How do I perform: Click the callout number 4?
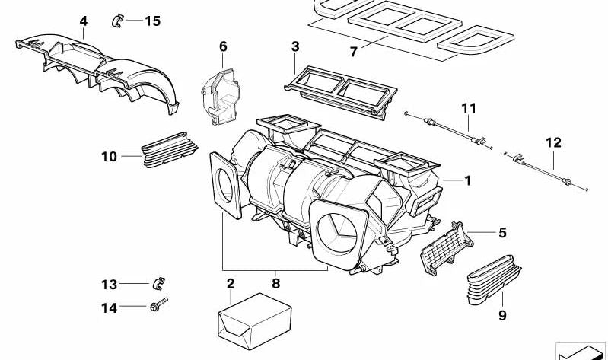pos(83,21)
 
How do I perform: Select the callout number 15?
pos(152,21)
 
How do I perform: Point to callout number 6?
pos(223,46)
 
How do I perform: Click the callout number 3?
pos(295,46)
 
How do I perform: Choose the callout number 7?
pos(353,52)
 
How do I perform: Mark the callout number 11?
pos(467,109)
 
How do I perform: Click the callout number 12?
pos(553,142)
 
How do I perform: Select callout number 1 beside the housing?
pos(468,181)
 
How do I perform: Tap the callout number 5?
pos(502,233)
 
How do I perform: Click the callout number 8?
pos(275,283)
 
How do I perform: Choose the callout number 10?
pos(109,157)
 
